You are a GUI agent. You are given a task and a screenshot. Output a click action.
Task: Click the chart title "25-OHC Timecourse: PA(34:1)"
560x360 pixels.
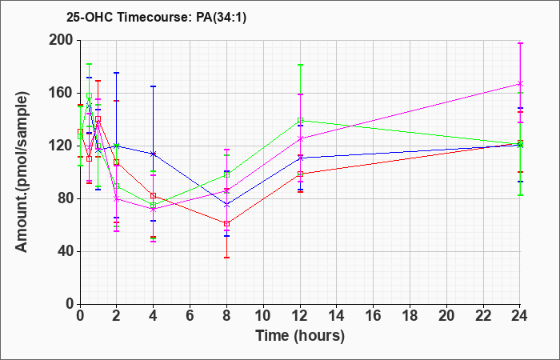click(156, 18)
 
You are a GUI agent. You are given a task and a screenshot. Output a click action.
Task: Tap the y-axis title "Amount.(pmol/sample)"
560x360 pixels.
click(22, 172)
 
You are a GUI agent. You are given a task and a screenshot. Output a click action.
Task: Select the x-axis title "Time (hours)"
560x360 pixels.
click(300, 336)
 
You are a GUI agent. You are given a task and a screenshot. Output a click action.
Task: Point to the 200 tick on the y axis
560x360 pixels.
click(64, 40)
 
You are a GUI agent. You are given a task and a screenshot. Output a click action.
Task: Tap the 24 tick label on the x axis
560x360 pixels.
click(520, 316)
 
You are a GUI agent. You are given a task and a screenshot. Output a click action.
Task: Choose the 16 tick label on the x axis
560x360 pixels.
click(374, 316)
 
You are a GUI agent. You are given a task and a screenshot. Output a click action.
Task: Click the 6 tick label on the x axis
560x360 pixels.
click(190, 316)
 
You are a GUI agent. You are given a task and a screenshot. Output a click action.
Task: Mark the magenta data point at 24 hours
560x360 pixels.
click(520, 83)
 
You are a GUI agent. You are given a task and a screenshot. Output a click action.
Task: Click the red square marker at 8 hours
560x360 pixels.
click(226, 223)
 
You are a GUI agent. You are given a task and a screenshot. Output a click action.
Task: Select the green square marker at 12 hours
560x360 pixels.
click(300, 121)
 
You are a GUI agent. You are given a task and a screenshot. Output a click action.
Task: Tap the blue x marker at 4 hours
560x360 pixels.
click(154, 154)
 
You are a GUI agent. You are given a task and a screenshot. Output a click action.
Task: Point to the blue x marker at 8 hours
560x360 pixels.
click(226, 205)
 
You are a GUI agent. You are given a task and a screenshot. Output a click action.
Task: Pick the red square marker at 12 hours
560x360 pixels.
click(300, 174)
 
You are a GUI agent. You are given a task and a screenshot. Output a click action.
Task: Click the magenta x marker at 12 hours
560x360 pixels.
click(300, 138)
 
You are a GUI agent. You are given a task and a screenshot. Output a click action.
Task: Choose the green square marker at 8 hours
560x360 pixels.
click(226, 174)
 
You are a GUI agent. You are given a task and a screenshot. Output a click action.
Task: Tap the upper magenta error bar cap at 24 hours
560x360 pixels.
click(520, 43)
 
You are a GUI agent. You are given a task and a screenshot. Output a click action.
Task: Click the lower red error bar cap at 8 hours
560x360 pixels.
click(226, 258)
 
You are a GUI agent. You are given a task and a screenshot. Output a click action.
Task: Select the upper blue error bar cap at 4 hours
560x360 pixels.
click(154, 86)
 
